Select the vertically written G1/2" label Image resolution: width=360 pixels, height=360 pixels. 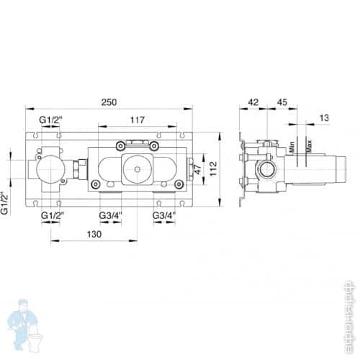[x=6, y=202]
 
